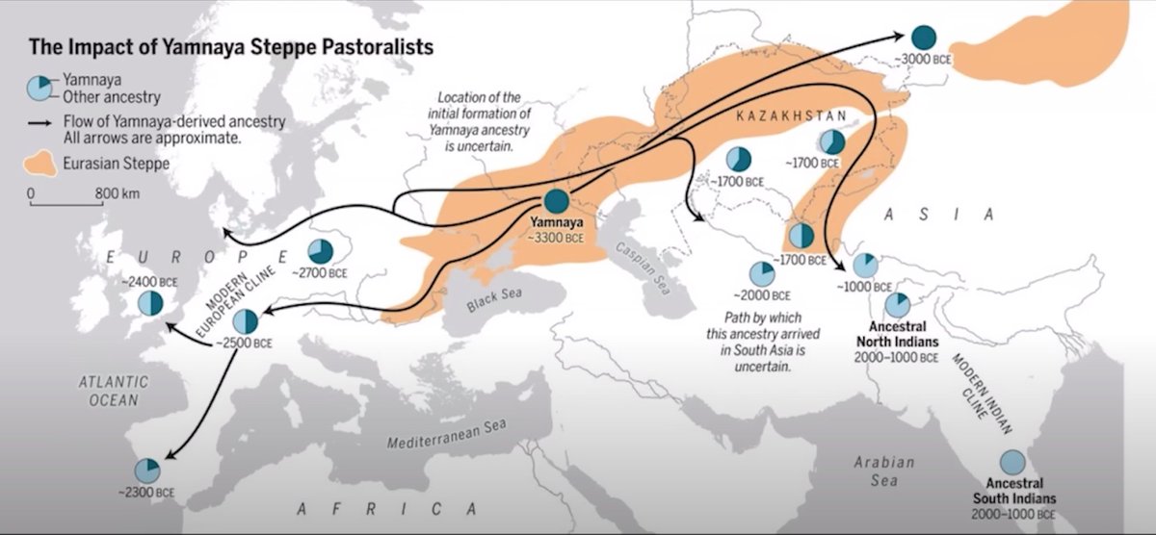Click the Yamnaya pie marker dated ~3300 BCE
[556, 201]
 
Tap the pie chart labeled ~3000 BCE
[924, 38]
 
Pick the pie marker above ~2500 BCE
[246, 321]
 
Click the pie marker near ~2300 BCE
[146, 471]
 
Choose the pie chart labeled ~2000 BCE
[759, 273]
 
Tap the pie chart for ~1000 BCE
[864, 266]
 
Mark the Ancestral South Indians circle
[1011, 463]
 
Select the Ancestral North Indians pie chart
[896, 305]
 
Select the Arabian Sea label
[883, 471]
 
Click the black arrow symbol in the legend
[40, 120]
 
